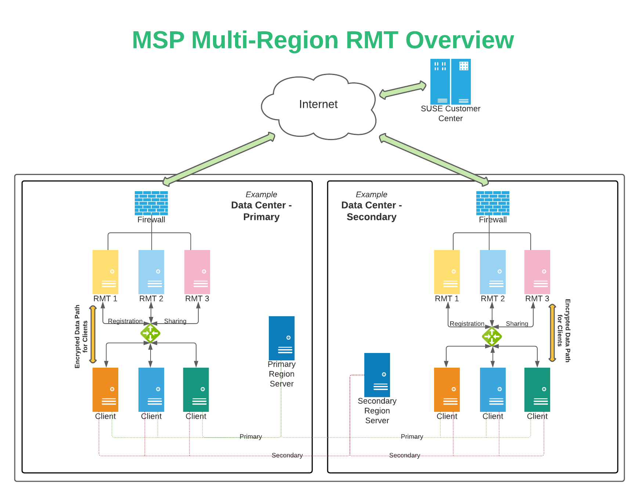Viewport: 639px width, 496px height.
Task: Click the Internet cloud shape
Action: pos(318,107)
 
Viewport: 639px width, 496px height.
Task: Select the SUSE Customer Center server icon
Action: pos(451,82)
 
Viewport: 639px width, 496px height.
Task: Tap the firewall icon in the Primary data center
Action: pos(151,203)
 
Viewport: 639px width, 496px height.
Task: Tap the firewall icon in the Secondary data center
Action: pos(492,203)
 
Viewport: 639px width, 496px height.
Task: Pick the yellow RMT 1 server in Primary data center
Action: pos(105,272)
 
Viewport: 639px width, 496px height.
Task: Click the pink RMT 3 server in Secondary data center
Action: pos(537,272)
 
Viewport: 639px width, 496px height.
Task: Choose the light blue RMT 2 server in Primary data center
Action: pos(151,272)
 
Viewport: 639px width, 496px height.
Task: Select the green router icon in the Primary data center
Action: pos(150,333)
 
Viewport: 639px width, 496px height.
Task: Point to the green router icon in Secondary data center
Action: pos(492,336)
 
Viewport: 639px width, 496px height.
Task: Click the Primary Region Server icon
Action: pos(282,338)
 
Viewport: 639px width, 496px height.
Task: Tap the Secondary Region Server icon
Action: pos(377,375)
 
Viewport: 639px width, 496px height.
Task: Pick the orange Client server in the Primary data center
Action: pos(105,389)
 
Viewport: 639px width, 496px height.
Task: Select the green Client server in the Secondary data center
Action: pos(537,389)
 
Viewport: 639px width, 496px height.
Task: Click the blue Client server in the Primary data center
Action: pos(151,389)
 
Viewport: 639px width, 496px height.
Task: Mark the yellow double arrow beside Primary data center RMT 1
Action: pos(93,334)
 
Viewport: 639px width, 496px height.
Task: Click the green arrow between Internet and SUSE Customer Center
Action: pos(403,90)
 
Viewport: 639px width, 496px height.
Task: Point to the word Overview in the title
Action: pos(459,40)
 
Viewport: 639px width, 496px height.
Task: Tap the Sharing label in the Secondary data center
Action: pos(517,324)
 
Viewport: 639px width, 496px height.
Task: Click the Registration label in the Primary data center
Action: pos(125,321)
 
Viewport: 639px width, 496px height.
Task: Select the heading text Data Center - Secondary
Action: pos(371,211)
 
